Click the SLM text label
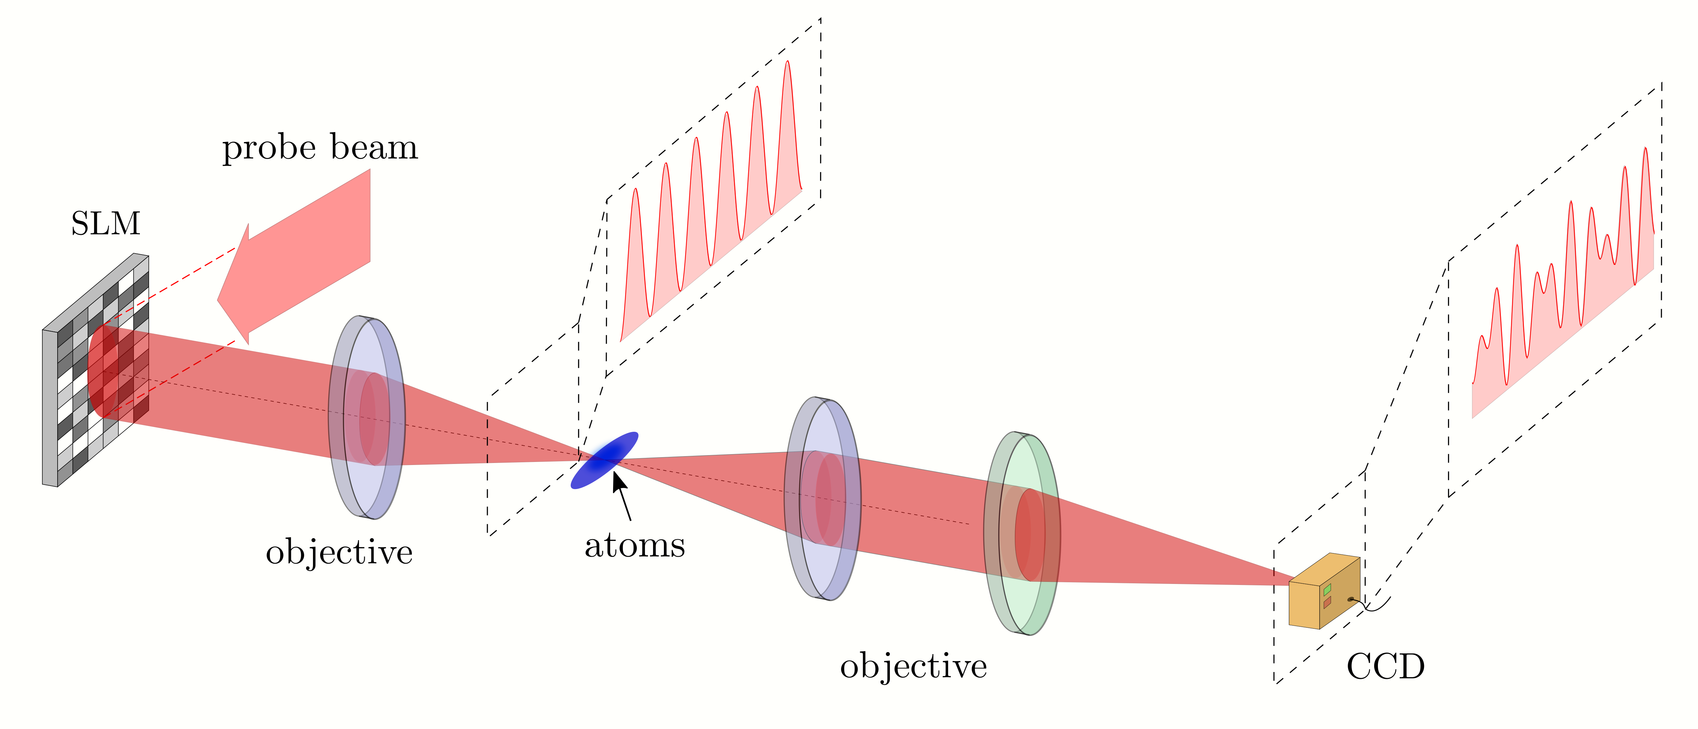[105, 224]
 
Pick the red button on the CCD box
[1327, 602]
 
